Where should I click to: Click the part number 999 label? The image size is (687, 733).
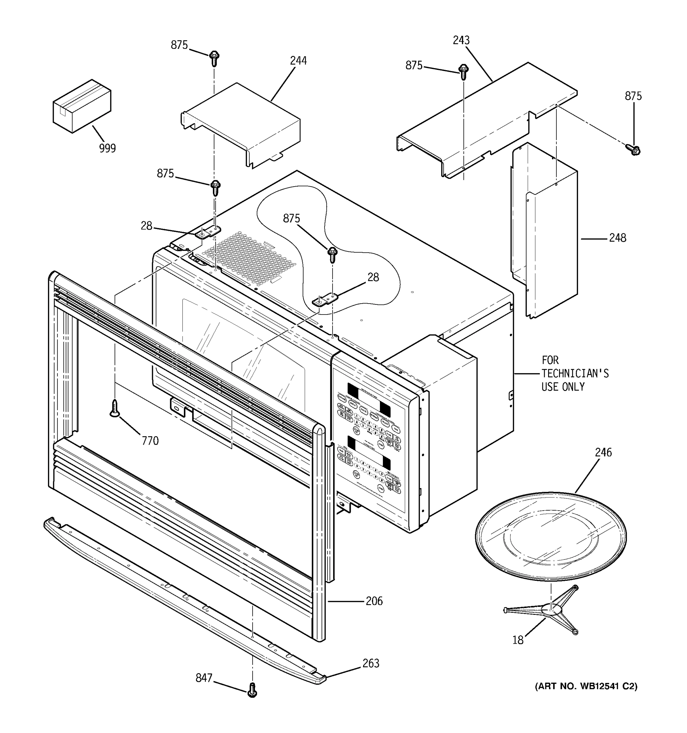[x=107, y=148]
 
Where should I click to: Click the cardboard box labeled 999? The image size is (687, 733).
[x=82, y=106]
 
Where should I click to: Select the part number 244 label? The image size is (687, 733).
[x=298, y=61]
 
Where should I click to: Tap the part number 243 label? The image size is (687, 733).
[x=461, y=40]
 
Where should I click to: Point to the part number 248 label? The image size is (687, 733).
[x=617, y=238]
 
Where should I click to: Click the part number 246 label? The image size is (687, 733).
[x=603, y=452]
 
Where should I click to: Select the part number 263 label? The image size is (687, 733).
[x=371, y=664]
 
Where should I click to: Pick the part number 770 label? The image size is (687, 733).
[x=150, y=441]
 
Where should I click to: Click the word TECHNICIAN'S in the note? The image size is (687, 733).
[x=575, y=374]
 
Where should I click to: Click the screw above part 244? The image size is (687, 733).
[x=214, y=58]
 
